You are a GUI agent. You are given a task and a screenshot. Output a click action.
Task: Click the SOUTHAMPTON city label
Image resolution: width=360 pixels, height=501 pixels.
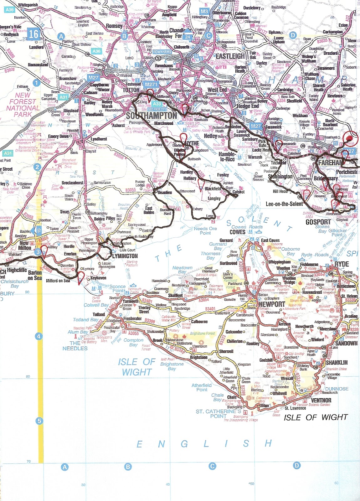[152, 116]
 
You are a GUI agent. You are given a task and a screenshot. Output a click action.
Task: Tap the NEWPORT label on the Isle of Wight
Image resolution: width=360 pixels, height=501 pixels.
[272, 304]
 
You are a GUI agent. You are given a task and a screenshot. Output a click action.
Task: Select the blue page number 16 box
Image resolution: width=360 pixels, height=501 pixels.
[33, 34]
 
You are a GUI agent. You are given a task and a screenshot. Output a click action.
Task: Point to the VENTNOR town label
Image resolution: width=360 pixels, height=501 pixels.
[321, 400]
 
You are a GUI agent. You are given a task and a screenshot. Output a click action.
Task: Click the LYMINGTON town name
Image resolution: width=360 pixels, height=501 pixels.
[125, 256]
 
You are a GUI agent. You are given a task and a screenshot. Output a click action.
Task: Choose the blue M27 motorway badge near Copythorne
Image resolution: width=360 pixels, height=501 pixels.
[93, 78]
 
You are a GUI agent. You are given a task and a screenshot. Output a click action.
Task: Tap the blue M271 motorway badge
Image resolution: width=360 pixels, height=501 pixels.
[151, 84]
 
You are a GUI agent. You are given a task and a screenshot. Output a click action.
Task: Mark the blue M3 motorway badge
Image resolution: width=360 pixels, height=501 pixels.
[204, 11]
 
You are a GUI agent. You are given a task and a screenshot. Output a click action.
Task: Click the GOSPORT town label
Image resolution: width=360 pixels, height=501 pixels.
[318, 222]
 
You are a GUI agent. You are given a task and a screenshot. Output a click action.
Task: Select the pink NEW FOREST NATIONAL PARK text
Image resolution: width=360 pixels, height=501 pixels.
[23, 105]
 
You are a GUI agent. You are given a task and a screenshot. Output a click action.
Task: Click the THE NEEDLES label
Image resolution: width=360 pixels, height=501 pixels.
[75, 346]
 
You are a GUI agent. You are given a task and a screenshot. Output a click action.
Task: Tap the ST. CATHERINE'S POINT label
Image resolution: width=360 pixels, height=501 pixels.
[218, 414]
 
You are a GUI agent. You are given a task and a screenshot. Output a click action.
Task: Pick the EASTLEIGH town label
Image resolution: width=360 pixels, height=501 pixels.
[230, 56]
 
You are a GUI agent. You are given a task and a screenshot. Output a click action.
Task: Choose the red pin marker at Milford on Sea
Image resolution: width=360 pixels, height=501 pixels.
[81, 277]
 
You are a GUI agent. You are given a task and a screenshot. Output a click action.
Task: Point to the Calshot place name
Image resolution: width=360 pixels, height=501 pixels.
[239, 192]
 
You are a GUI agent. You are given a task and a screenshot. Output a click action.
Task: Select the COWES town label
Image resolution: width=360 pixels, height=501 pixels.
[237, 232]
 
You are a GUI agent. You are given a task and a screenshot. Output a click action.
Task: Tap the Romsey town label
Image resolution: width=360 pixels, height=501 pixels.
[114, 26]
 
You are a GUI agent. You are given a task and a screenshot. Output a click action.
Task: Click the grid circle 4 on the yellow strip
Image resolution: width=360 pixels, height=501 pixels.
[39, 337]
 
